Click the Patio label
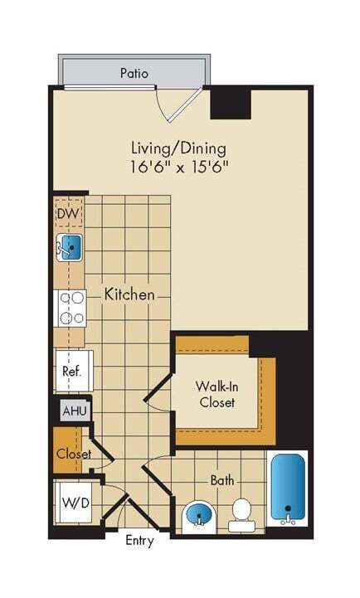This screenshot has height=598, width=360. (134, 73)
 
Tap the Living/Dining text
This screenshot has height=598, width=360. (178, 148)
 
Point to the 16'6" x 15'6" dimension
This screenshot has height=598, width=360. (179, 166)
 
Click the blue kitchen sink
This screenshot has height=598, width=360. (71, 246)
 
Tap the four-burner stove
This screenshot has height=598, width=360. (71, 307)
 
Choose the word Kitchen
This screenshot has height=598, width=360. (129, 294)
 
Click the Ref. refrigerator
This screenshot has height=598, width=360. (71, 371)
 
